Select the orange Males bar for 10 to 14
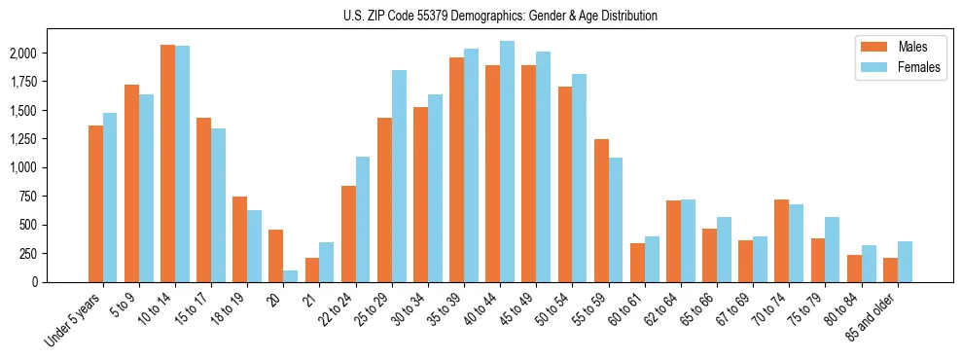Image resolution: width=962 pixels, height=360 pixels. (x=167, y=163)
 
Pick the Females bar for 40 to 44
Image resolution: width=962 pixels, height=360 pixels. (x=507, y=162)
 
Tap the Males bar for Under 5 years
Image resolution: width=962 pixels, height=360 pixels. (x=95, y=203)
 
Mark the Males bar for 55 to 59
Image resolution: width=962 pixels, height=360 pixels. (x=601, y=210)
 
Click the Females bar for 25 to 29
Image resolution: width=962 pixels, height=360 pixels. (x=399, y=176)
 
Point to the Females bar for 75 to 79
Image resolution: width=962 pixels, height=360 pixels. (x=832, y=249)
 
